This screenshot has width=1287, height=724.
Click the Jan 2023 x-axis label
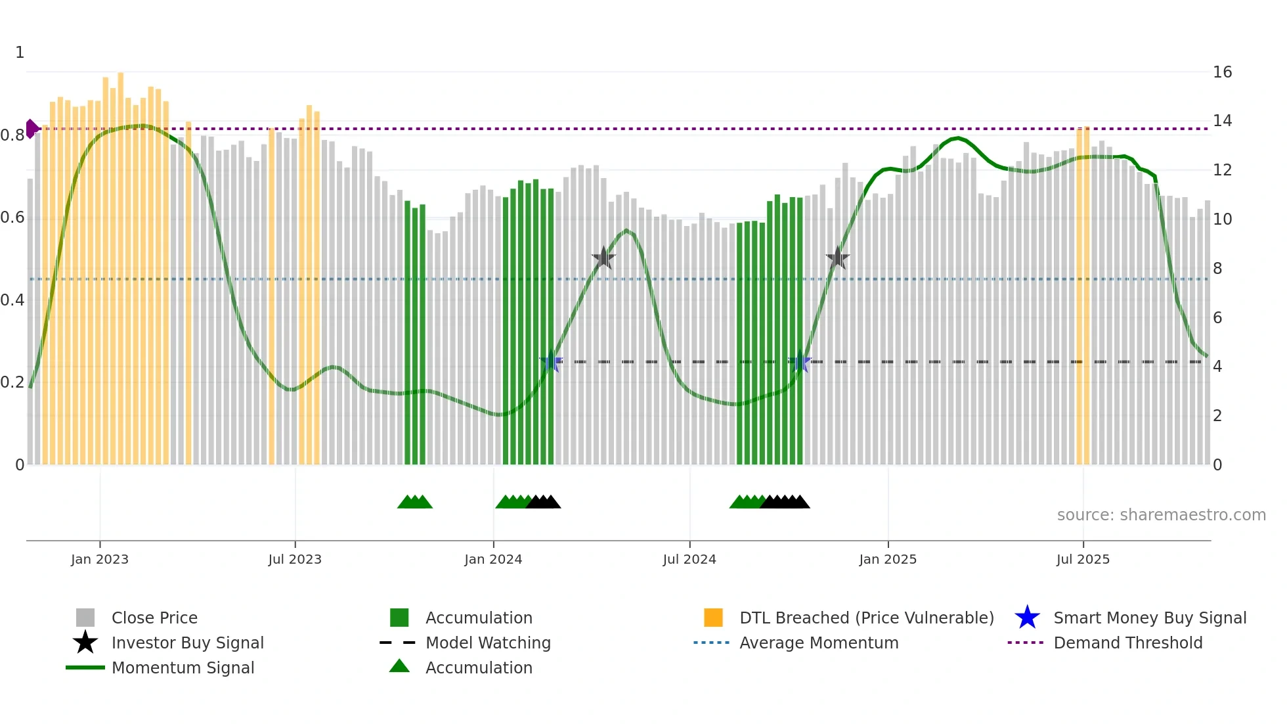(100, 559)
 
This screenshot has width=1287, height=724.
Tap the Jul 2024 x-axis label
(689, 559)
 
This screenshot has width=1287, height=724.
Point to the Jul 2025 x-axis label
(1083, 559)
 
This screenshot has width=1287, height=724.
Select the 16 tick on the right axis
(1222, 72)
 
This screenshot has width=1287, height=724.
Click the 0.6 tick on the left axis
(12, 217)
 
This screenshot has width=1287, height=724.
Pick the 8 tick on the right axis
(1217, 269)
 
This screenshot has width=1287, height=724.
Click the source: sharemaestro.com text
(1161, 515)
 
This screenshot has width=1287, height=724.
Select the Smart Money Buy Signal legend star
(1027, 618)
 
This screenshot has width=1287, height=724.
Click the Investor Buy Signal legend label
(188, 643)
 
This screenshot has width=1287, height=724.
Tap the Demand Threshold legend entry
(1127, 643)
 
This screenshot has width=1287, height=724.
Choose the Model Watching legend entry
(488, 643)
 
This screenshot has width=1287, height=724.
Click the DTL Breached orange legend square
(713, 618)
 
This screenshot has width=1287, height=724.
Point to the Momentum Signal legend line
(85, 667)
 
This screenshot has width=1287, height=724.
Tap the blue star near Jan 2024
(550, 362)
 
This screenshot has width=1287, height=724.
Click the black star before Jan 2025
(837, 258)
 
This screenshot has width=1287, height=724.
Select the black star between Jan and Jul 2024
(603, 258)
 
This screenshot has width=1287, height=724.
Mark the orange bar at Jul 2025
(1083, 296)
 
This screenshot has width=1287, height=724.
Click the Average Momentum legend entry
(819, 643)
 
